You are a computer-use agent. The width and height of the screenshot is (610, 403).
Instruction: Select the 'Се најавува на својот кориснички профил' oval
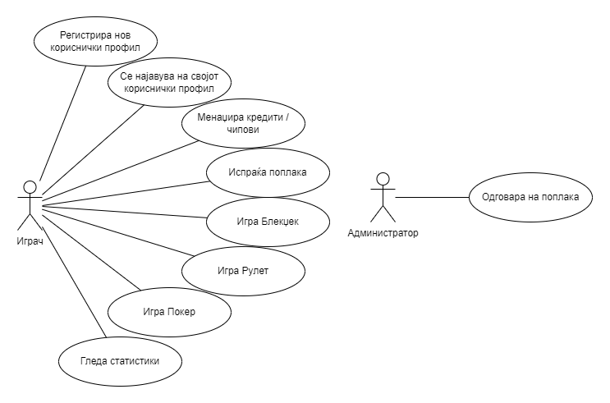point(170,82)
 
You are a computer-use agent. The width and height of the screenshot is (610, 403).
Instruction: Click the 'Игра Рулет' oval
point(243,269)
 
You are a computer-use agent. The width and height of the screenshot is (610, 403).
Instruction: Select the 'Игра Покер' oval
point(169,312)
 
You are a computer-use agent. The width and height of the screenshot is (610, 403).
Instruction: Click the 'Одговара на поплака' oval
point(530,197)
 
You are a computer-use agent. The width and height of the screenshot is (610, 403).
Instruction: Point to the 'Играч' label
point(29,241)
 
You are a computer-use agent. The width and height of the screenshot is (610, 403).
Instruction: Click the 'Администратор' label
point(383,233)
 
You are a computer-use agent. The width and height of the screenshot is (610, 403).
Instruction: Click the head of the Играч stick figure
point(29,185)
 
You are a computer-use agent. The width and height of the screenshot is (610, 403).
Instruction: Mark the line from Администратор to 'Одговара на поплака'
point(431,197)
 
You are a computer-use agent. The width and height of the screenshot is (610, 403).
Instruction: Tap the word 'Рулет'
point(254,269)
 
